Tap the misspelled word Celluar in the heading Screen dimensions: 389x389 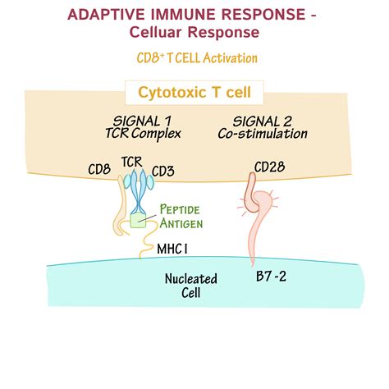pos(162,33)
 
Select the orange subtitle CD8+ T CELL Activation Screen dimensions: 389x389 pos(197,58)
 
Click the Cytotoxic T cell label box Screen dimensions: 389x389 pos(194,93)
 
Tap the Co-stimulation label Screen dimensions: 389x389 pos(268,134)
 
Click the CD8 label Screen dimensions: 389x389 pos(99,171)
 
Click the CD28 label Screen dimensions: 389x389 pos(270,168)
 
